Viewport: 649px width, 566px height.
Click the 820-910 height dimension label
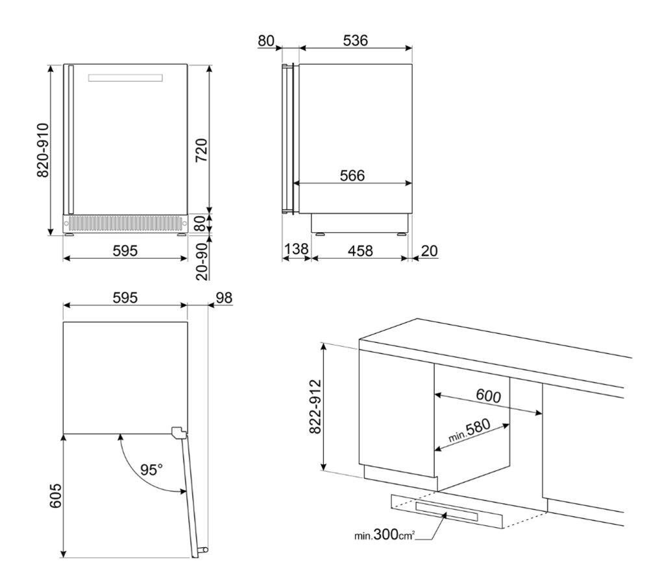[43, 150]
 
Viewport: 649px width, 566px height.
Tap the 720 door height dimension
[201, 150]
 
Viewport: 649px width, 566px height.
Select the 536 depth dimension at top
[355, 40]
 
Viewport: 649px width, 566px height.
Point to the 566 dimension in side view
[352, 176]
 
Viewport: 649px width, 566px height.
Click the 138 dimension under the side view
[297, 249]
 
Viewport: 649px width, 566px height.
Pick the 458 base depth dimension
[360, 251]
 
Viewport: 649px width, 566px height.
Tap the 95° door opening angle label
[151, 469]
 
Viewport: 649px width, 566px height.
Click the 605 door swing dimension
[55, 496]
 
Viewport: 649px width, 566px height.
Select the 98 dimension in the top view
[224, 298]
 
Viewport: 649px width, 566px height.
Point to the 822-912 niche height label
[315, 407]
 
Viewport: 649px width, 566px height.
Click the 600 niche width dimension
[488, 395]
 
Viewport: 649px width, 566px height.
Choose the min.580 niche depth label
[469, 430]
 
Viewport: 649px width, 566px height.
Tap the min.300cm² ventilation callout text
[384, 535]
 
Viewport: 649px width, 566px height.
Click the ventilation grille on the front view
[125, 224]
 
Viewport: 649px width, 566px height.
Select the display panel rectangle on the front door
[125, 78]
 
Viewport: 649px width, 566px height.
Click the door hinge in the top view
[179, 432]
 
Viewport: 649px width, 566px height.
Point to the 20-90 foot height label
[201, 261]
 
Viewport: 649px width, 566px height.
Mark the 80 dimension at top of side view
[265, 40]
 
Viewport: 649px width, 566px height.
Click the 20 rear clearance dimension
[430, 251]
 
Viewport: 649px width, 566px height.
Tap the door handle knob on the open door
[204, 550]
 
